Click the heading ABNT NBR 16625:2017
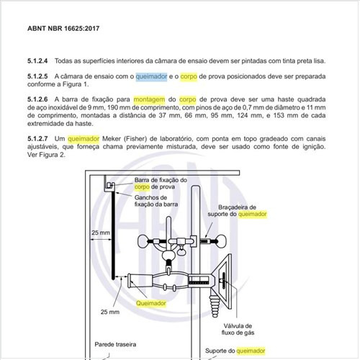click(63, 28)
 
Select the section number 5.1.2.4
click(37, 60)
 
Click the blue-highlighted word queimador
click(151, 76)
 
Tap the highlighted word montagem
click(149, 99)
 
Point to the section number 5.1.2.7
click(37, 138)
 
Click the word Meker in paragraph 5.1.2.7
click(112, 139)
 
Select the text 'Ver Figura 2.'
click(46, 155)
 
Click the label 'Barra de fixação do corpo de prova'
click(161, 184)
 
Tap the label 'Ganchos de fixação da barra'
click(156, 201)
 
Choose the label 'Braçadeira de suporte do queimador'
click(237, 210)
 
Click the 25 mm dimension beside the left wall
click(101, 233)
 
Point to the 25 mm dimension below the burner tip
click(110, 312)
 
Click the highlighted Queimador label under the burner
click(151, 303)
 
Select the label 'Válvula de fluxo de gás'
click(238, 329)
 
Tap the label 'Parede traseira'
click(115, 344)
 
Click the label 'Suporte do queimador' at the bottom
click(235, 351)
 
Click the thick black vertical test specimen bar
click(113, 235)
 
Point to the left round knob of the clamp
click(143, 241)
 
